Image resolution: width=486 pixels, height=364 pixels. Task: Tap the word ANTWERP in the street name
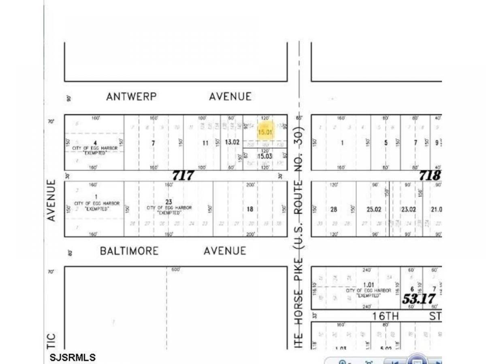[x=131, y=97]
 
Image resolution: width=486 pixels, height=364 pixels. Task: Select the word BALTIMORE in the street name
[x=129, y=251]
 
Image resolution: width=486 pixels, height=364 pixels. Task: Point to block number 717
[x=183, y=176]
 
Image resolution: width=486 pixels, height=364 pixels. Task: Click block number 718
[x=429, y=176]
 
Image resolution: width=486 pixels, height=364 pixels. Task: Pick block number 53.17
[x=418, y=299]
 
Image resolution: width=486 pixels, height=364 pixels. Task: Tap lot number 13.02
[x=232, y=143]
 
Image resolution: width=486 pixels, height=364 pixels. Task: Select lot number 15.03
[x=265, y=156]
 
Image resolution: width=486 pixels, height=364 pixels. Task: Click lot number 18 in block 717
[x=250, y=209]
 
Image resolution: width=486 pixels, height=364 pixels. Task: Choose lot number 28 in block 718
[x=334, y=209]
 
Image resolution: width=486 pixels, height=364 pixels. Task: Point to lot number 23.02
[x=409, y=209]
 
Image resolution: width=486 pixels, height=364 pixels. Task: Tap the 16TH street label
[x=379, y=316]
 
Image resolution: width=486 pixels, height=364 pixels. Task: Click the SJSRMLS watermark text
[x=73, y=358]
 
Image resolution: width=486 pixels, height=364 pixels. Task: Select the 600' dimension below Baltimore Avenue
[x=175, y=269]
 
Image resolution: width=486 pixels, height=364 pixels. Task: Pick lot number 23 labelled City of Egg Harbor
[x=169, y=201]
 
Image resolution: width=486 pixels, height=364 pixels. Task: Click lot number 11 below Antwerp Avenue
[x=205, y=143]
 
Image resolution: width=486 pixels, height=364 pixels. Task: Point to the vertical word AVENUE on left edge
[x=51, y=201]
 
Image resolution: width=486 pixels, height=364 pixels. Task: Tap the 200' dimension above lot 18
[x=250, y=185]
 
